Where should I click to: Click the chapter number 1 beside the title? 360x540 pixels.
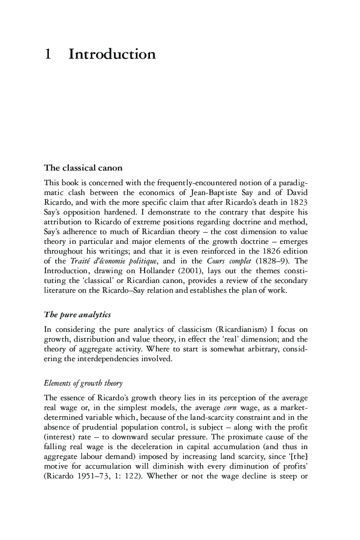coord(48,54)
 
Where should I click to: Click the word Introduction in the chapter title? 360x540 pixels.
coord(112,54)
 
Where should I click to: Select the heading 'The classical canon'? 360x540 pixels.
coord(83,168)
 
